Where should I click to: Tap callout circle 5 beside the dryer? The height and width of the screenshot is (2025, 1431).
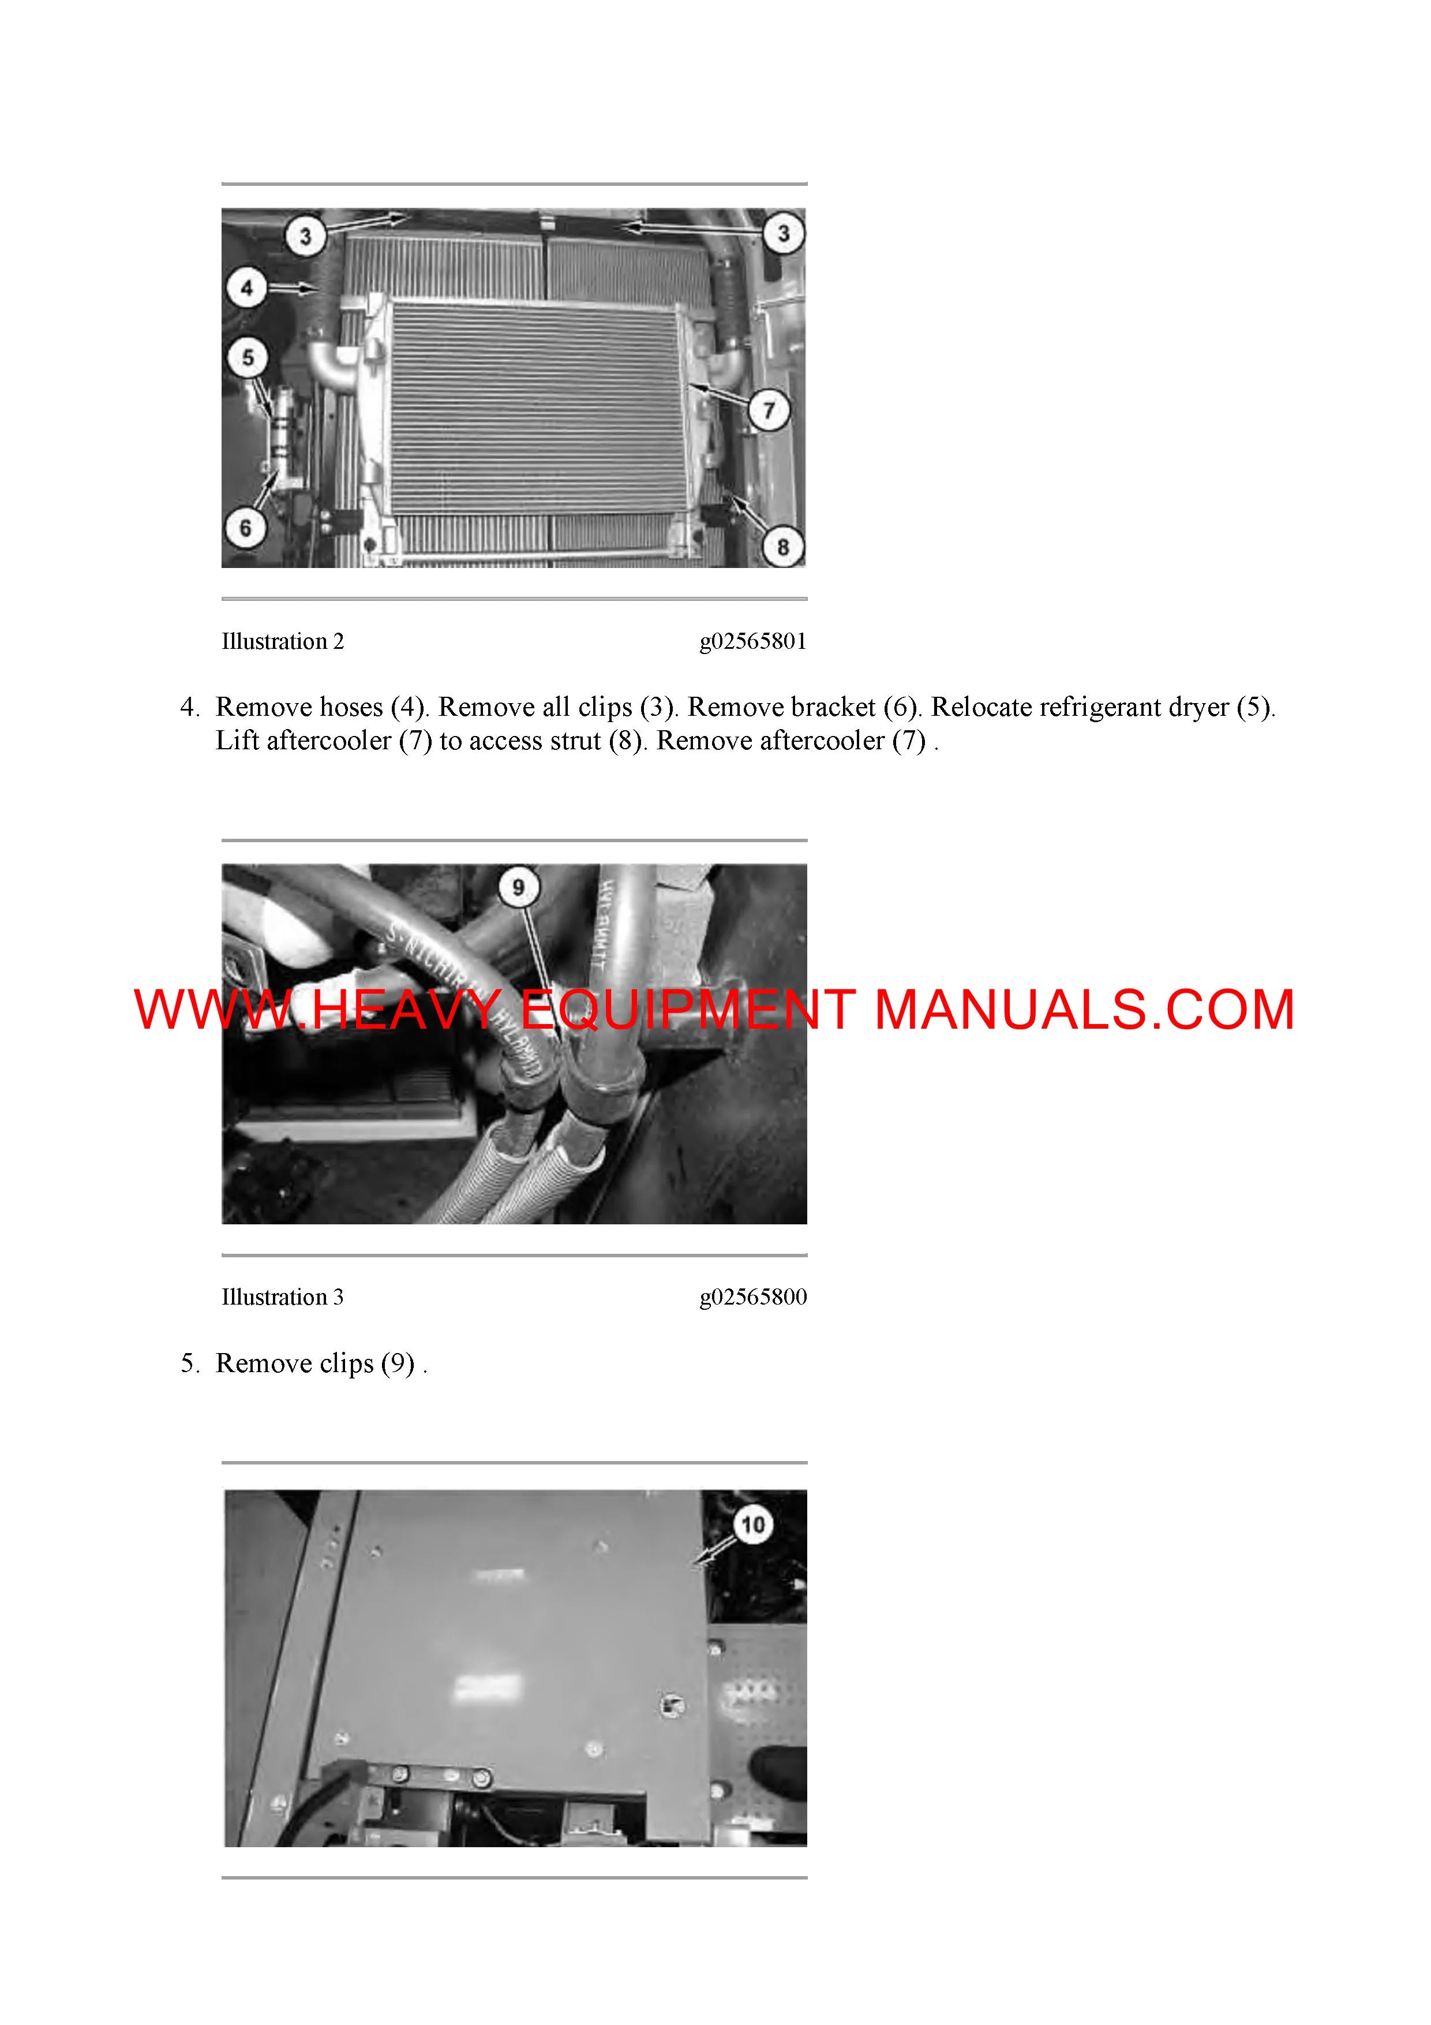[x=247, y=357]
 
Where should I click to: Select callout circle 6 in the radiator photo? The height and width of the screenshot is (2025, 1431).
[x=246, y=528]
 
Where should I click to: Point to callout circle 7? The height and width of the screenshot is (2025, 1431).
[x=769, y=410]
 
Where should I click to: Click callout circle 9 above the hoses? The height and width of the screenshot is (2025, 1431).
[x=518, y=887]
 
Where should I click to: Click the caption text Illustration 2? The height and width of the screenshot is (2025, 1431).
[x=282, y=641]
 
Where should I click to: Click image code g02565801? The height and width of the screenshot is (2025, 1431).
[x=753, y=641]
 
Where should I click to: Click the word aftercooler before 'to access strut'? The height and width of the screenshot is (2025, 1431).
[x=328, y=741]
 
